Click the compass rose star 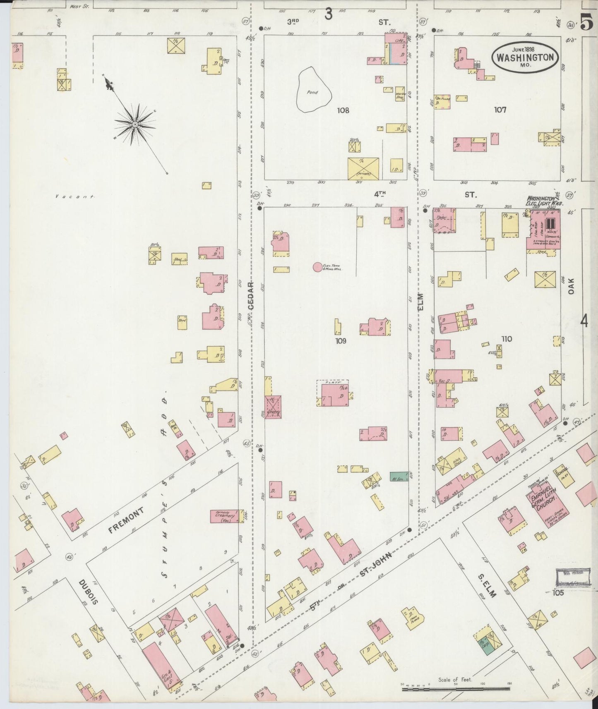pos(135,124)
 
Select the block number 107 pos(500,110)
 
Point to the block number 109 pos(341,341)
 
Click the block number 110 pos(506,339)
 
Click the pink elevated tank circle pos(317,267)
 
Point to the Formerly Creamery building pos(225,516)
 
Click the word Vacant pos(75,197)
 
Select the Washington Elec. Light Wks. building pos(543,230)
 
